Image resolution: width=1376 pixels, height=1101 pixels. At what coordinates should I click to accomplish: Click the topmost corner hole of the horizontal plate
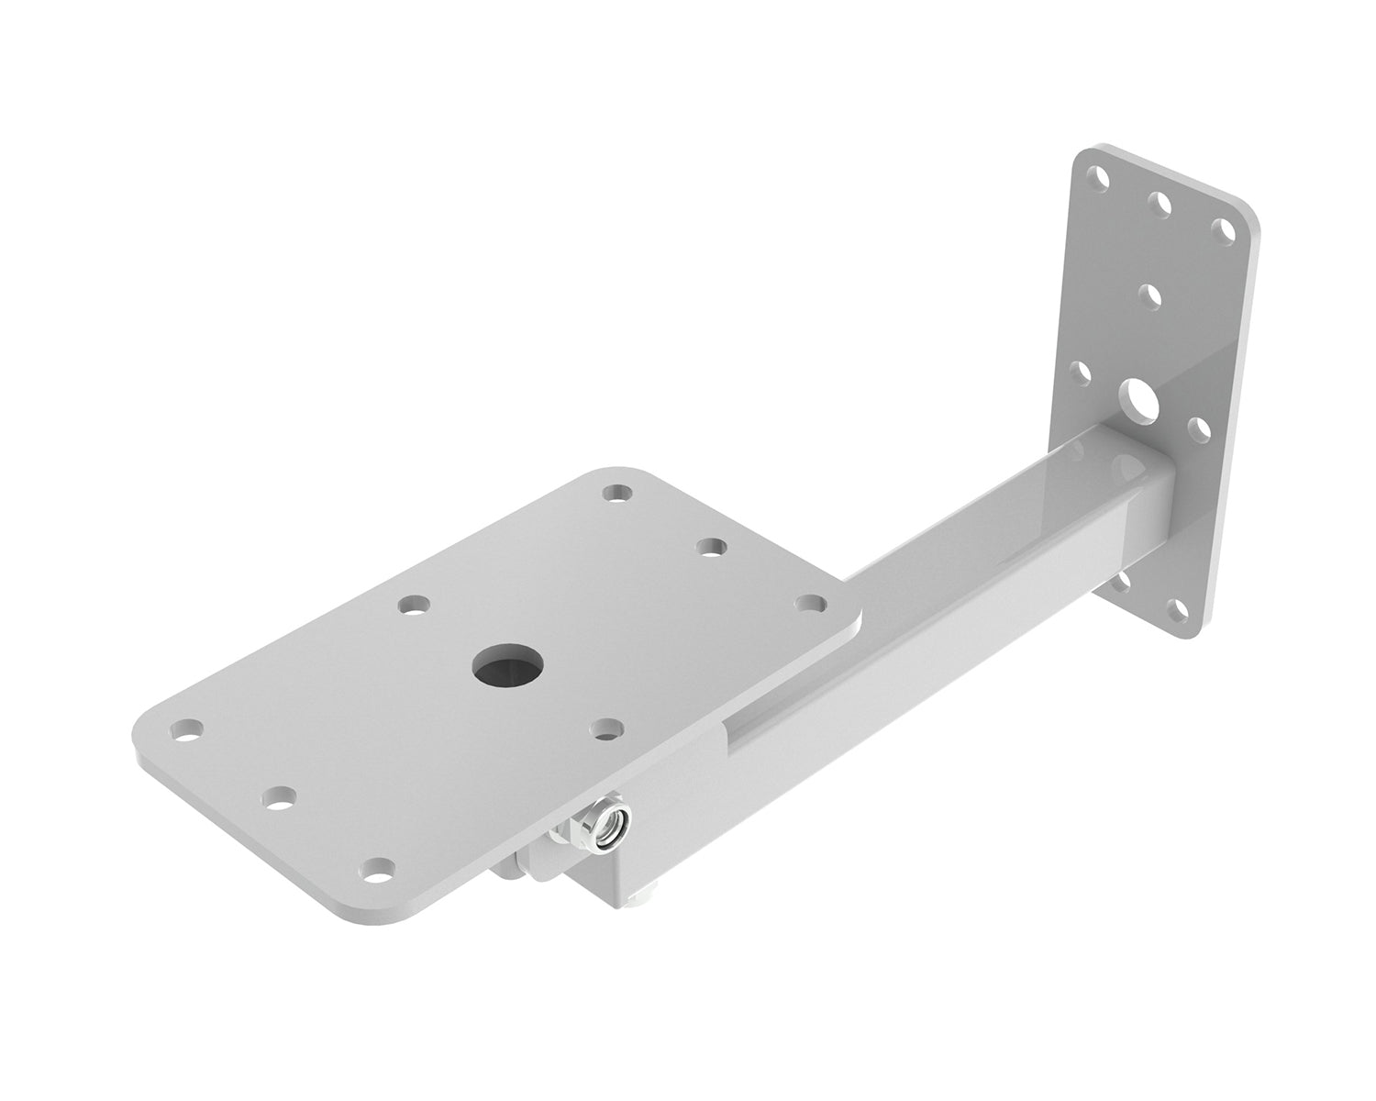[620, 493]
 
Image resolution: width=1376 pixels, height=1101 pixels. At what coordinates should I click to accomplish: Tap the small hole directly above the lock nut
[605, 729]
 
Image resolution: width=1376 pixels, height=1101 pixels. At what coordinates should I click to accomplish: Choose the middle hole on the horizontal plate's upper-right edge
[710, 547]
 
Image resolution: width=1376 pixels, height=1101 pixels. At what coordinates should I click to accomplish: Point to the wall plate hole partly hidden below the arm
[1123, 580]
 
